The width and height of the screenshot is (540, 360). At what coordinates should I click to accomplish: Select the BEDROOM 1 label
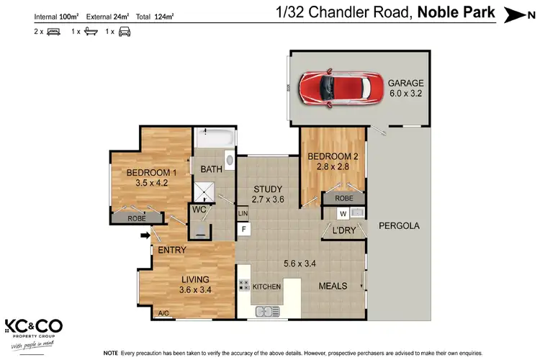(x=151, y=172)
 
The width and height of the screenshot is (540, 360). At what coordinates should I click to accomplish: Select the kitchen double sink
(x=266, y=311)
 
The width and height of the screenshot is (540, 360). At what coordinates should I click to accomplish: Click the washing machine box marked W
(x=343, y=213)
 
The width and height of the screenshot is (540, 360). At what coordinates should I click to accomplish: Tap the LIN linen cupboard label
(x=243, y=214)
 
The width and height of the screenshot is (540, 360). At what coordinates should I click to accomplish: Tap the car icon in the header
(x=125, y=32)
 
